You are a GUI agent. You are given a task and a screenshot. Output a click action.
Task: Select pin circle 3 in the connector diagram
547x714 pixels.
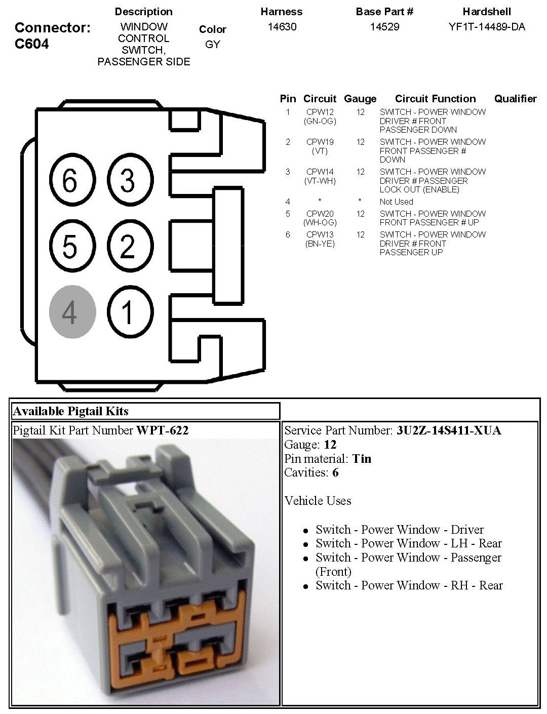tap(130, 180)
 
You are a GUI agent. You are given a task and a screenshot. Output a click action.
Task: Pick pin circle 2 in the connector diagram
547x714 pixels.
tap(130, 246)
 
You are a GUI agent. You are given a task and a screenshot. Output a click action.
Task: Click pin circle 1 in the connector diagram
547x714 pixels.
tap(130, 312)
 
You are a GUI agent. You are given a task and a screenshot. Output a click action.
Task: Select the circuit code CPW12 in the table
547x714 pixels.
tap(320, 112)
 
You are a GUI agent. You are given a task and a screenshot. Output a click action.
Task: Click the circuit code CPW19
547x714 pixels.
tap(320, 142)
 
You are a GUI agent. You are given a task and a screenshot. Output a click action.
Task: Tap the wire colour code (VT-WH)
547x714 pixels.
tap(320, 181)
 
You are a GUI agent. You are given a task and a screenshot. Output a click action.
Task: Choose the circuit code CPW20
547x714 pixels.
tap(320, 214)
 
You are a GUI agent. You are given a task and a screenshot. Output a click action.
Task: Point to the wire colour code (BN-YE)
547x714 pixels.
tap(320, 244)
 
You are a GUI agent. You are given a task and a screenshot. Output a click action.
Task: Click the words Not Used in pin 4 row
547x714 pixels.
tap(396, 202)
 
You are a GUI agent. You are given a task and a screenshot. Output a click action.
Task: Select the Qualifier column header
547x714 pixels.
tap(515, 99)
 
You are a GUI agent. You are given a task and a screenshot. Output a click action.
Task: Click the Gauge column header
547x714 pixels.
tap(360, 99)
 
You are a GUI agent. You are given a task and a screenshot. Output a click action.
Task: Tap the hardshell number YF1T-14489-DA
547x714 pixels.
tap(486, 27)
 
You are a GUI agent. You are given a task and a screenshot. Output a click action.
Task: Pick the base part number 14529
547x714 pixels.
tap(384, 27)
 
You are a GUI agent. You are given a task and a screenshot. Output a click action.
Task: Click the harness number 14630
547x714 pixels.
tap(282, 27)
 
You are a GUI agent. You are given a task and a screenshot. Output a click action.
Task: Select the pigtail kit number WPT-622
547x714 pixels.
tap(162, 430)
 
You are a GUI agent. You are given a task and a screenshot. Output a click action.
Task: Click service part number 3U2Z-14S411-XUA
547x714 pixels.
tap(449, 430)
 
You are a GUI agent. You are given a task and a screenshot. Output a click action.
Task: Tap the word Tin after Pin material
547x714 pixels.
tap(362, 459)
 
